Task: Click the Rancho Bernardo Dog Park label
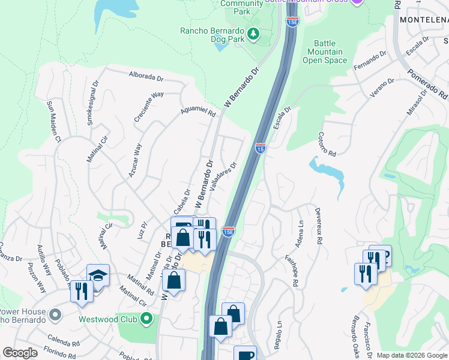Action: pyautogui.click(x=214, y=31)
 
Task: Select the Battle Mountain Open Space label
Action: pyautogui.click(x=325, y=52)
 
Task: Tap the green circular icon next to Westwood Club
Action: pyautogui.click(x=146, y=319)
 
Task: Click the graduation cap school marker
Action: pyautogui.click(x=98, y=275)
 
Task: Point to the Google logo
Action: pyautogui.click(x=20, y=353)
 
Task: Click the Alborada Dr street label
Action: pyautogui.click(x=146, y=77)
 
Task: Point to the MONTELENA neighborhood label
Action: pyautogui.click(x=424, y=20)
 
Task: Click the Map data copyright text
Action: pyautogui.click(x=411, y=355)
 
